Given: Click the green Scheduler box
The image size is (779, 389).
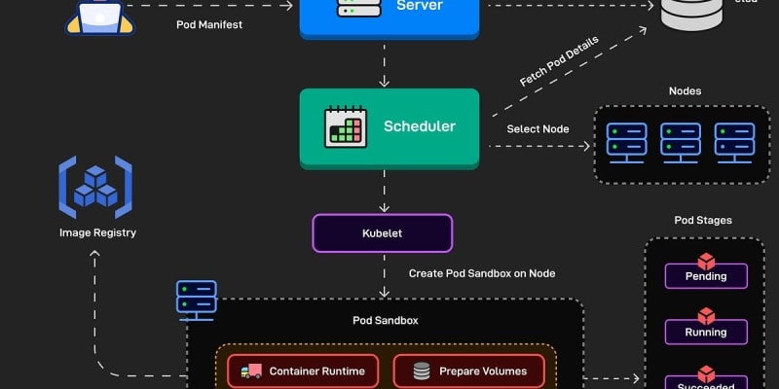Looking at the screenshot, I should point(389,127).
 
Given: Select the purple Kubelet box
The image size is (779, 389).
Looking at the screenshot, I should point(382,233).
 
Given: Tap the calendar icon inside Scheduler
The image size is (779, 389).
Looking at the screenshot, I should point(345,127).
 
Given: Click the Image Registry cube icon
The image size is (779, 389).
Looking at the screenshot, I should point(95,187).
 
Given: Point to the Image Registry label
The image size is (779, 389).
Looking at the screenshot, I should point(97,232).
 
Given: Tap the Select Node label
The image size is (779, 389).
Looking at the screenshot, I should point(538,128).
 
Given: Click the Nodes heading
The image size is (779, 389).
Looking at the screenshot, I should point(685,91).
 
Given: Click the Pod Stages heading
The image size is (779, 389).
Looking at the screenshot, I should point(703,221).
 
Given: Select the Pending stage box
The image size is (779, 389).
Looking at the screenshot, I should point(706,275).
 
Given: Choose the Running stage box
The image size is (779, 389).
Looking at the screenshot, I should point(706,331).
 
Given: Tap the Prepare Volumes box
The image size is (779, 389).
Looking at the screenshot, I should point(469,371).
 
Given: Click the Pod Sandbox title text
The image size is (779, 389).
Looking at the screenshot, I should point(385,320).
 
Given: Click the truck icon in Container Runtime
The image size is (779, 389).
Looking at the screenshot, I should point(251,371).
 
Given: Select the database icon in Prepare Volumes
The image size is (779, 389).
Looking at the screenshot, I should point(422,371).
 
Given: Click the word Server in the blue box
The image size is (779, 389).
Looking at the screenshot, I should point(420,7).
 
